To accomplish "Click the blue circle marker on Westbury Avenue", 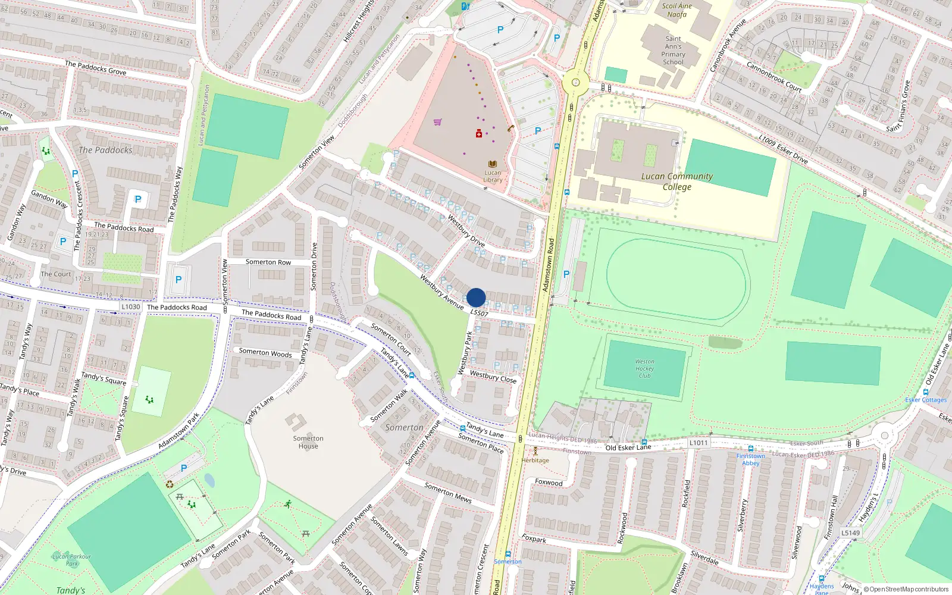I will [476, 297].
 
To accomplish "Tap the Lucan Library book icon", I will [493, 164].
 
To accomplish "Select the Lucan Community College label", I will [677, 181].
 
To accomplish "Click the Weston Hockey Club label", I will [644, 368].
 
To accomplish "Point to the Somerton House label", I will [308, 442].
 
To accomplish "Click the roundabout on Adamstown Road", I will [575, 83].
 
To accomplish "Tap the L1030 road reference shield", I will [131, 307].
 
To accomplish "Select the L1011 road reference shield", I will [699, 443].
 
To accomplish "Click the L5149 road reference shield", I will [850, 533].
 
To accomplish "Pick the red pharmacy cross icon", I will [478, 134].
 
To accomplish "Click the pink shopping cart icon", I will [438, 122].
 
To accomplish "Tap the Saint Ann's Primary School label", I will [673, 50].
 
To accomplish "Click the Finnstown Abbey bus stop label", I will [750, 459].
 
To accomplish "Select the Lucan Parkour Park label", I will [71, 560].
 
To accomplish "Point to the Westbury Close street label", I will [493, 377].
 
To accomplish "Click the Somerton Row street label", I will [268, 262].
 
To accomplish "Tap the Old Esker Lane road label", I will [628, 447].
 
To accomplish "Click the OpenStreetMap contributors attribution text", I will [909, 589].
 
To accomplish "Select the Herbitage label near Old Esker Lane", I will [535, 460].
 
